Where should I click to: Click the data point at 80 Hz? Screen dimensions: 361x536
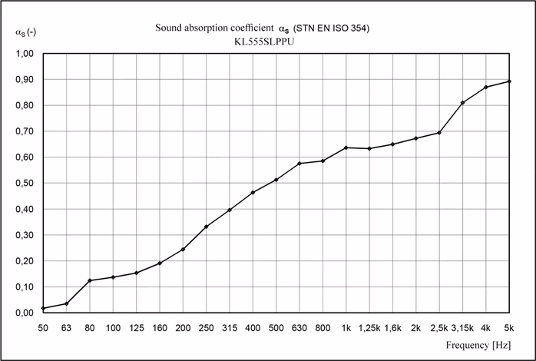point(90,280)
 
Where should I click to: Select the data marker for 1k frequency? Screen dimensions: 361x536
point(346,147)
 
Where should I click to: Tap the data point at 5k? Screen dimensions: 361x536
point(510,81)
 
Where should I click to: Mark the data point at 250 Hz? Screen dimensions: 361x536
point(207,227)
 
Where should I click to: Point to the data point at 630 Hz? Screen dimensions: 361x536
point(299,164)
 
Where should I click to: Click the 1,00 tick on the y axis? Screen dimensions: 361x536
point(25,54)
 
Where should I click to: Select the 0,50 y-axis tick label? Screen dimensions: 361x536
point(25,184)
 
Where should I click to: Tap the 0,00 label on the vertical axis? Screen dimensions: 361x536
point(25,313)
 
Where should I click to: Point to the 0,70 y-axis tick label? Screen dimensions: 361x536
point(25,131)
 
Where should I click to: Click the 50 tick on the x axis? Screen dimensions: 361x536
point(43,328)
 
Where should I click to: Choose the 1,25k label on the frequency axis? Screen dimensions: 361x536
point(369,328)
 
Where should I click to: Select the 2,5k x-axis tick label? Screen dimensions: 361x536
point(439,328)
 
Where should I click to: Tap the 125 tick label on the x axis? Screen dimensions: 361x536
point(137,328)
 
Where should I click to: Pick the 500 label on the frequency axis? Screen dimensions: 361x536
point(276,328)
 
